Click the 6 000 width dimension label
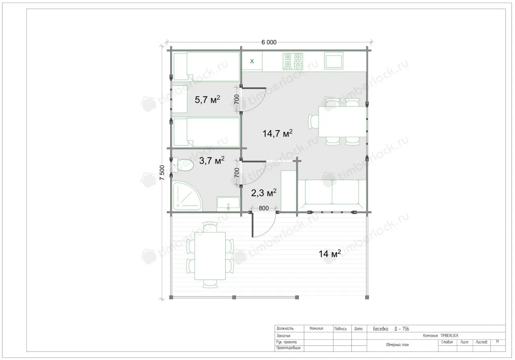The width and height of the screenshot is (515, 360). (269, 42)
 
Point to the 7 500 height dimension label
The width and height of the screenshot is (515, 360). (162, 173)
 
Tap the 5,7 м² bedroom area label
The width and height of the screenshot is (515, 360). (207, 100)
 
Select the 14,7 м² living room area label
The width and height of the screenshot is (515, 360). (278, 133)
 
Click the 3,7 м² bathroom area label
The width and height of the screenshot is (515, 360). (212, 160)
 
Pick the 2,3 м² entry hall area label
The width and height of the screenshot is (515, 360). (264, 193)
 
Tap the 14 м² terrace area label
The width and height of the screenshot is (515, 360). (330, 254)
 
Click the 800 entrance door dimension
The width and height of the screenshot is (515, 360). (264, 208)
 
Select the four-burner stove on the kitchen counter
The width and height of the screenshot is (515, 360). (293, 61)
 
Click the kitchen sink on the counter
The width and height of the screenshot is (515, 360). (334, 61)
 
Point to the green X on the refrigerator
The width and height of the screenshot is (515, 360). (252, 61)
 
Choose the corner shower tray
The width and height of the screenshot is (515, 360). (187, 196)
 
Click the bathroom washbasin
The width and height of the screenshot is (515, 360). (228, 204)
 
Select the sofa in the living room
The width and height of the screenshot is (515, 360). (332, 192)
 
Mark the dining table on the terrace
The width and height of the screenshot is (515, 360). (210, 256)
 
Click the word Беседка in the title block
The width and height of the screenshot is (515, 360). (381, 329)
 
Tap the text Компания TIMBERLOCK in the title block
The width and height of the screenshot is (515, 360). (441, 335)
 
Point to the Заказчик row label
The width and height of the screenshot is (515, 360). (284, 335)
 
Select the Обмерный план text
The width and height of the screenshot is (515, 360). (398, 345)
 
